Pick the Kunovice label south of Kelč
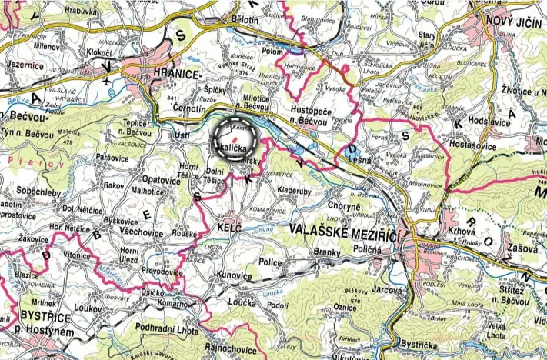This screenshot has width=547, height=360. tap(235, 274)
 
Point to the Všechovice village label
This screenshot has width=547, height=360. tap(141, 231)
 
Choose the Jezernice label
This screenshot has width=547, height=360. tap(22, 67)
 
